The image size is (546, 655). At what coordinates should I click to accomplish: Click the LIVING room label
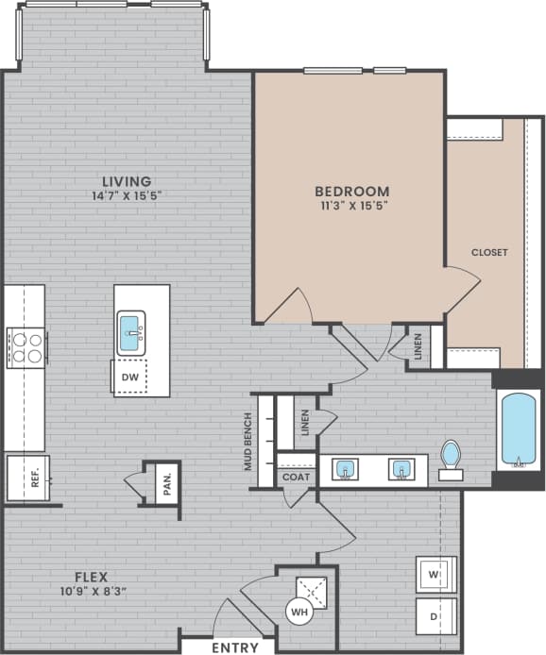point(128,181)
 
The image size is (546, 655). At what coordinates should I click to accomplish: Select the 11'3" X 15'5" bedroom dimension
point(351,204)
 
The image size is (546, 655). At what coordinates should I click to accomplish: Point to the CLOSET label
point(490,252)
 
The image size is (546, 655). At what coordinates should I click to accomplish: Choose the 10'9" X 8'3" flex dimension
point(92,592)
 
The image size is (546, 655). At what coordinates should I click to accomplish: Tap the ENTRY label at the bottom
point(235,647)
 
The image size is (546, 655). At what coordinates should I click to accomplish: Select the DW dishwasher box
point(129,378)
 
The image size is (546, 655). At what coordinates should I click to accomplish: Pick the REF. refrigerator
point(26,479)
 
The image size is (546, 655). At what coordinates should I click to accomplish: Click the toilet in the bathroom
point(451,458)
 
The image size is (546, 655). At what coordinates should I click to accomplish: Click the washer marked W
point(435,574)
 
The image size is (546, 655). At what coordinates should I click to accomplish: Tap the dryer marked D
point(435,616)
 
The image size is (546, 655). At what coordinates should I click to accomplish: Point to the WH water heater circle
point(299,612)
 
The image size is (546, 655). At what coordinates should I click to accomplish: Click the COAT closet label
point(296,478)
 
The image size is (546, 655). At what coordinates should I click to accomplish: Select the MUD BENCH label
point(248,442)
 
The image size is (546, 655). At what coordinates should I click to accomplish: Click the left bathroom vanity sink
point(345,469)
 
